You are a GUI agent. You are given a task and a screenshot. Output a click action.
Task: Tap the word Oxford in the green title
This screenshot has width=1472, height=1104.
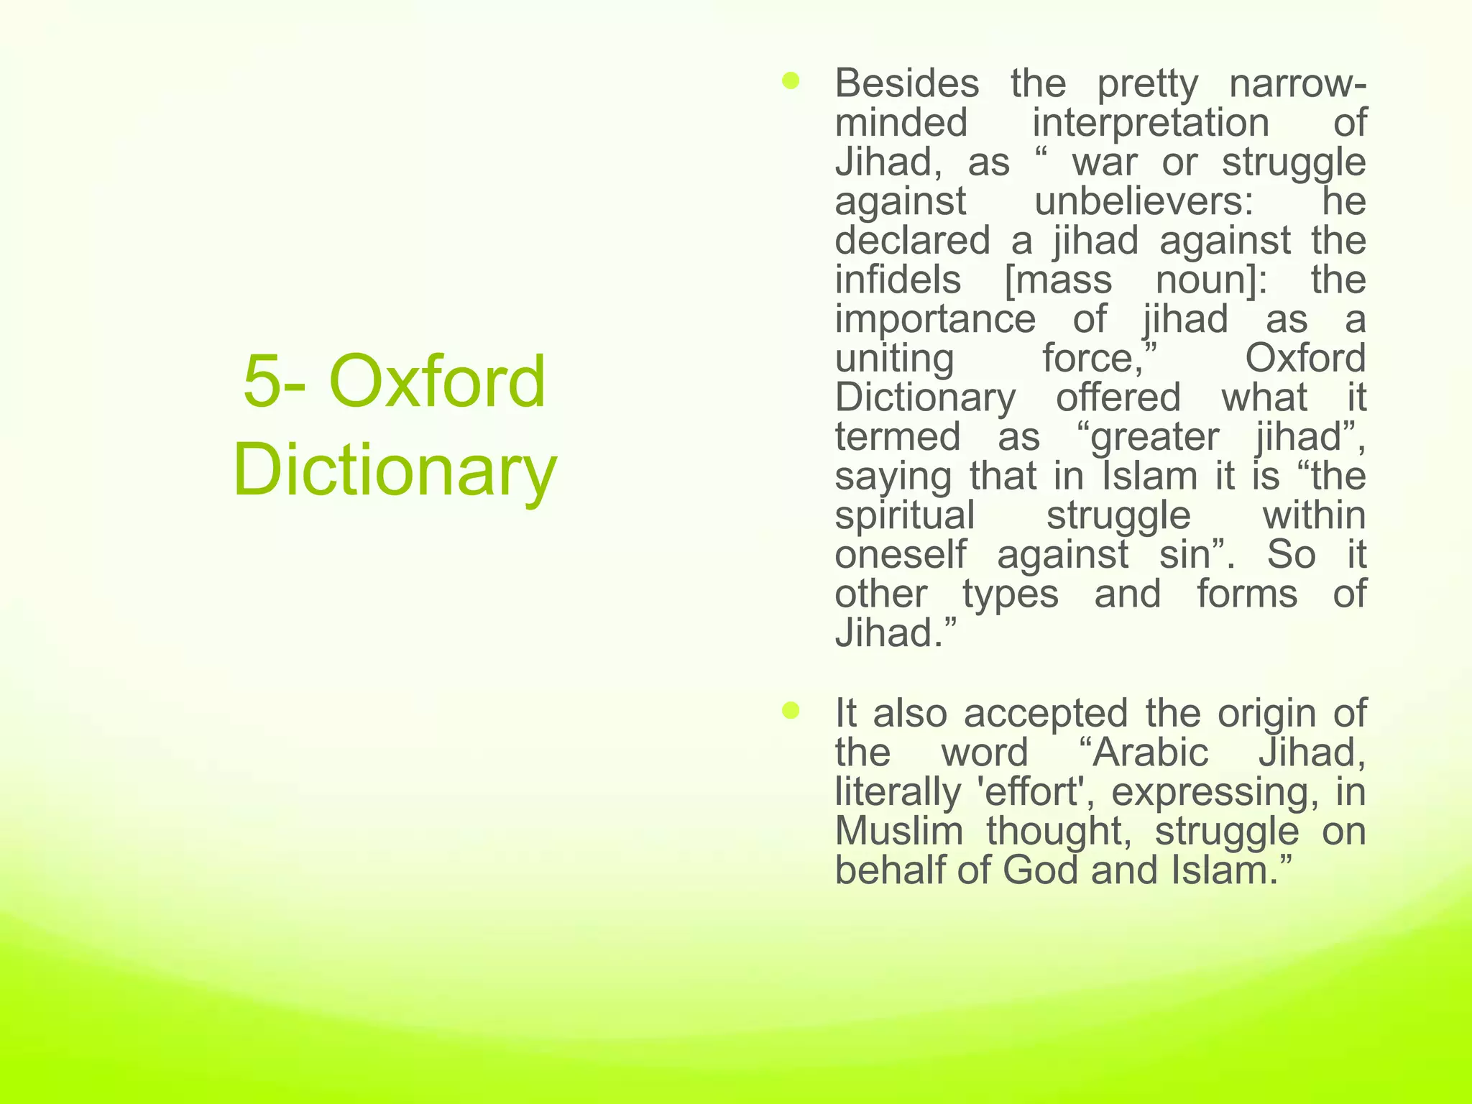pos(437,382)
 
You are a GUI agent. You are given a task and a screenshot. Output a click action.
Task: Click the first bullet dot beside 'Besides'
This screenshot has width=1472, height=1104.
pos(791,81)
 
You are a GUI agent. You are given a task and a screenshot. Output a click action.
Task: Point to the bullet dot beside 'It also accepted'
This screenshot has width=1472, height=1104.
pos(791,711)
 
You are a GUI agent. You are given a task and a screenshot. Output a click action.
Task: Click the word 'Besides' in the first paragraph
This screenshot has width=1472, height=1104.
pos(906,83)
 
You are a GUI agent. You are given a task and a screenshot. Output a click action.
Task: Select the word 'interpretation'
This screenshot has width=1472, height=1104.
pos(1151,123)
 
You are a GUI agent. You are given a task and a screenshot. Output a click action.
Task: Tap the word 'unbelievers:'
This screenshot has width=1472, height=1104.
pos(1144,201)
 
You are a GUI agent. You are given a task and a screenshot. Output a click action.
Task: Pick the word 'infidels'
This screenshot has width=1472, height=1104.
pos(898,280)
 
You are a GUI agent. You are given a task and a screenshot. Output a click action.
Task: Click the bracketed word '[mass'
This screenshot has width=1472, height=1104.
pos(1057,280)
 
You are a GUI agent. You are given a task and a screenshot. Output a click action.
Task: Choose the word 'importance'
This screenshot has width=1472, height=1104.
pos(935,319)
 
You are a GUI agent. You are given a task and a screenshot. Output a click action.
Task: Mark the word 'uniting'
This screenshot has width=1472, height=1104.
pos(894,358)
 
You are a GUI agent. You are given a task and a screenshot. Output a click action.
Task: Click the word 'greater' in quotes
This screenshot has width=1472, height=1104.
pos(1154,437)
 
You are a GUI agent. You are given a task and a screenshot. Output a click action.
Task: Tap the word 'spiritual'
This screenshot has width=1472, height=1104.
pos(905,515)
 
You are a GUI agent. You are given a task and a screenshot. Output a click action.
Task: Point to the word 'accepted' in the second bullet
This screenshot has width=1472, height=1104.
pos(1046,714)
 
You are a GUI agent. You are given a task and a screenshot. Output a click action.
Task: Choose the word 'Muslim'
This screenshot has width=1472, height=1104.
pos(898,831)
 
